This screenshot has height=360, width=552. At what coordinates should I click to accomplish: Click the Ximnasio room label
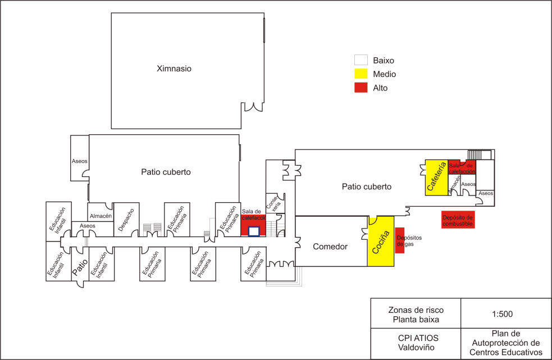[174, 69]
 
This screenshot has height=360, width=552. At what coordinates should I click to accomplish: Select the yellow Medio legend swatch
[361, 74]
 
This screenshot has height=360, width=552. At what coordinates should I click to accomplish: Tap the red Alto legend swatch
[361, 88]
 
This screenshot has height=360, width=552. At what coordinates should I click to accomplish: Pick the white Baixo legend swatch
[361, 60]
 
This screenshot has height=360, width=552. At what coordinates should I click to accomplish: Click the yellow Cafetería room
[435, 177]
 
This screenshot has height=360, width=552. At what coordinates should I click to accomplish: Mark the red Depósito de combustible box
[458, 220]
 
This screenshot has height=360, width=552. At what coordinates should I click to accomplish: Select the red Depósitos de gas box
[400, 240]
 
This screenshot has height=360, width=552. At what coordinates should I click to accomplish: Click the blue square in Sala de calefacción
[253, 231]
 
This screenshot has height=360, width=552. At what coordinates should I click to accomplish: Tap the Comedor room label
[330, 246]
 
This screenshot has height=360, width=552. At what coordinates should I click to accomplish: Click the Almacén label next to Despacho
[101, 216]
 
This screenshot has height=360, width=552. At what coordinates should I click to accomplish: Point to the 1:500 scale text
[505, 313]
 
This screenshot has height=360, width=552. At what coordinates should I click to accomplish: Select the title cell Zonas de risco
[416, 314]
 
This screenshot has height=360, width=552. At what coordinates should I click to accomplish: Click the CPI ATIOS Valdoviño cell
[416, 343]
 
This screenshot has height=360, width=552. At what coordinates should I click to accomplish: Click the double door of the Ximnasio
[252, 107]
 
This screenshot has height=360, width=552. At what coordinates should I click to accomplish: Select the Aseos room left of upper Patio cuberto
[79, 161]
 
